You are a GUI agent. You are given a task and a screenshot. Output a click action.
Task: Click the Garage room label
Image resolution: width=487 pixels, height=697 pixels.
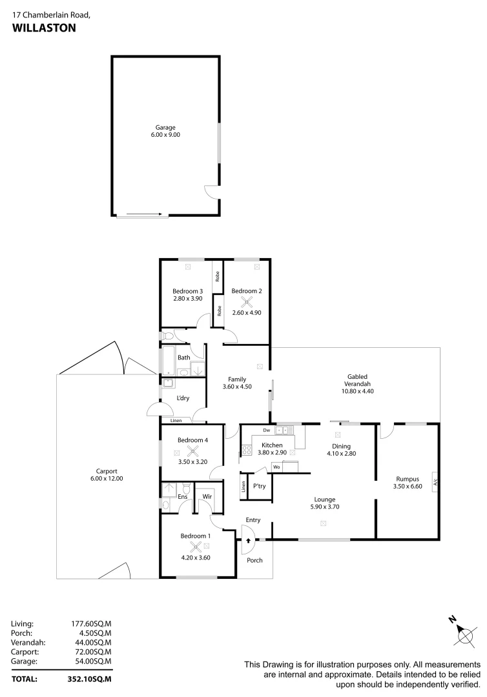pyautogui.click(x=165, y=128)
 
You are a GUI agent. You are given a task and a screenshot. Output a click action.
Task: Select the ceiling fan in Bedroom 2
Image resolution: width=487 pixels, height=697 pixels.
pyautogui.click(x=246, y=303)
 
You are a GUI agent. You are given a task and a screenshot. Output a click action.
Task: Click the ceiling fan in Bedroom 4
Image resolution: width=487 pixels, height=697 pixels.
pyautogui.click(x=192, y=452)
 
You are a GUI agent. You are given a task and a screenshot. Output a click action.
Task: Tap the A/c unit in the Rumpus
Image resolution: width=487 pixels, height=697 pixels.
pyautogui.click(x=436, y=481)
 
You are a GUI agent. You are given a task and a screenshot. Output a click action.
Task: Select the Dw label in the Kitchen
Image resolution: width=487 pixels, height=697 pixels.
pyautogui.click(x=265, y=430)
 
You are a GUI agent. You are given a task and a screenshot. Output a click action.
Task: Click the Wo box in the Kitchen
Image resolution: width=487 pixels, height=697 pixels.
pyautogui.click(x=276, y=467)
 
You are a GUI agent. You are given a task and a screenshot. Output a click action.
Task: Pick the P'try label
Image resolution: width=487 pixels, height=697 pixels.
pyautogui.click(x=259, y=486)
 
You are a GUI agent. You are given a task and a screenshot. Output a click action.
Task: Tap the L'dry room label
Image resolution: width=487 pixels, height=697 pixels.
pyautogui.click(x=183, y=398)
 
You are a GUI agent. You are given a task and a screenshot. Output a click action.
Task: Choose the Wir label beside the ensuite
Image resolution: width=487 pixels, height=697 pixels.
pyautogui.click(x=207, y=496)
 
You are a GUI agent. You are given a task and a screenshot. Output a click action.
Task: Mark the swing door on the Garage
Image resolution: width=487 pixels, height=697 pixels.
pyautogui.click(x=211, y=191)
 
